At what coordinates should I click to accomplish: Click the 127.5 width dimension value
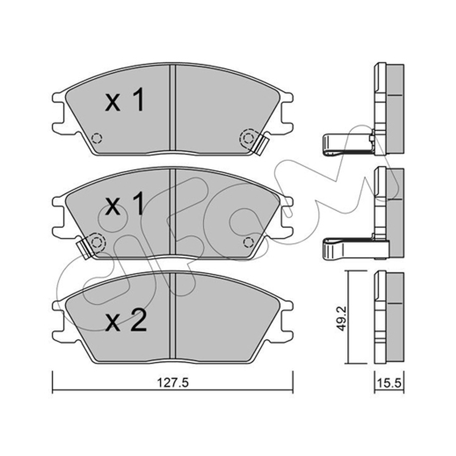click(173, 382)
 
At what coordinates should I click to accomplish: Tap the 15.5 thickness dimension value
click(389, 382)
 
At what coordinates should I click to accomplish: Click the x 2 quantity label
click(125, 320)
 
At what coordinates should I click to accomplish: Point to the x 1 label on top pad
click(124, 100)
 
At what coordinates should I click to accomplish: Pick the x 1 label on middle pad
click(124, 203)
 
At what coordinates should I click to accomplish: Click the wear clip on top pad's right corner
click(262, 145)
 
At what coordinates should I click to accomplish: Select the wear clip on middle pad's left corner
click(84, 247)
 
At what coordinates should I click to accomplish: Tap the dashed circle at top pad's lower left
click(96, 138)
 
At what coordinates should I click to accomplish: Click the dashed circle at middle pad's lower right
click(248, 242)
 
